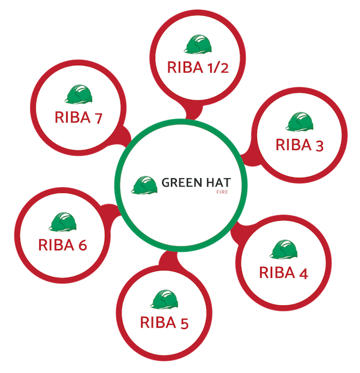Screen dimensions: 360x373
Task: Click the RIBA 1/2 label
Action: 198,67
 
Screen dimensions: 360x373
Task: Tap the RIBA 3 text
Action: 300,145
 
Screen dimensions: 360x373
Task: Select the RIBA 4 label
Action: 283,273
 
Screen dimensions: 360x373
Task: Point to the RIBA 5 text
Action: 164,323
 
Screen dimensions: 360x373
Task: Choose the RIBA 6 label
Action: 63,245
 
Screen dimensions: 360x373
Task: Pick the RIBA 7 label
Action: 78,117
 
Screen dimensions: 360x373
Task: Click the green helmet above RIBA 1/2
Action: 198,44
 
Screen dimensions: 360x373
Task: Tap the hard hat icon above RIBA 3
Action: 300,122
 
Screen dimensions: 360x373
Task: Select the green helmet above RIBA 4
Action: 283,249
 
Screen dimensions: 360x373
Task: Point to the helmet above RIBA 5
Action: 164,300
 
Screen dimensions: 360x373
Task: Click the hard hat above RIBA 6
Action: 63,222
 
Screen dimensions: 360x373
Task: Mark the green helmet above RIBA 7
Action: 78,94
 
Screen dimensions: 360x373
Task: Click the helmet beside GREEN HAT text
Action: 144,185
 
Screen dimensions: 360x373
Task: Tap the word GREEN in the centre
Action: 182,183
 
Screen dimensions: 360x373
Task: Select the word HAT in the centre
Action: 219,183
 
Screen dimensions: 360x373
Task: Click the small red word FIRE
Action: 222,192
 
